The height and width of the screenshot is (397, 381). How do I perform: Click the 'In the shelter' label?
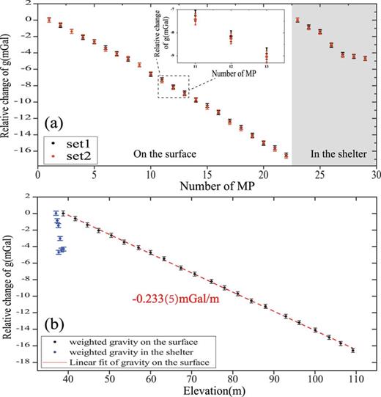tap(334, 154)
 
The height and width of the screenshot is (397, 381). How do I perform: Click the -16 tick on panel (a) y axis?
tap(26, 150)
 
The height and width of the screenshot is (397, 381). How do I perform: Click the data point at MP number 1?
tap(48, 20)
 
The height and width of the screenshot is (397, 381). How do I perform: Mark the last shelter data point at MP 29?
tap(365, 58)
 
